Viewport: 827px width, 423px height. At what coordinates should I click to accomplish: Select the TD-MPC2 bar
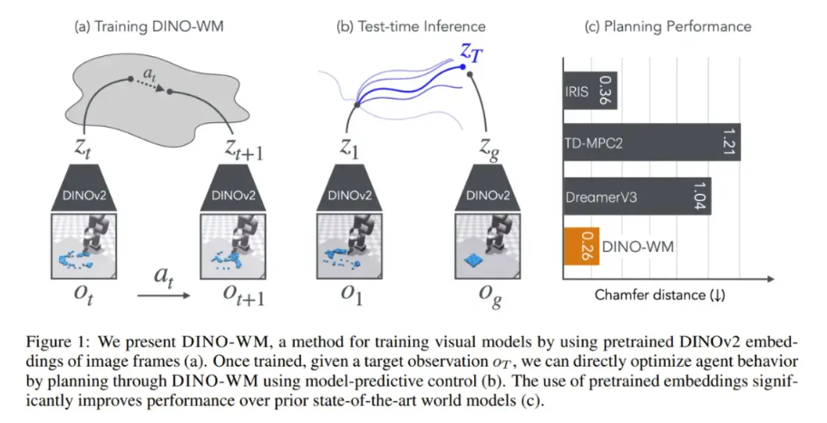pos(651,141)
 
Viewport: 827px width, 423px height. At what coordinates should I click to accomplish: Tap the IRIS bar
pos(589,90)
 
